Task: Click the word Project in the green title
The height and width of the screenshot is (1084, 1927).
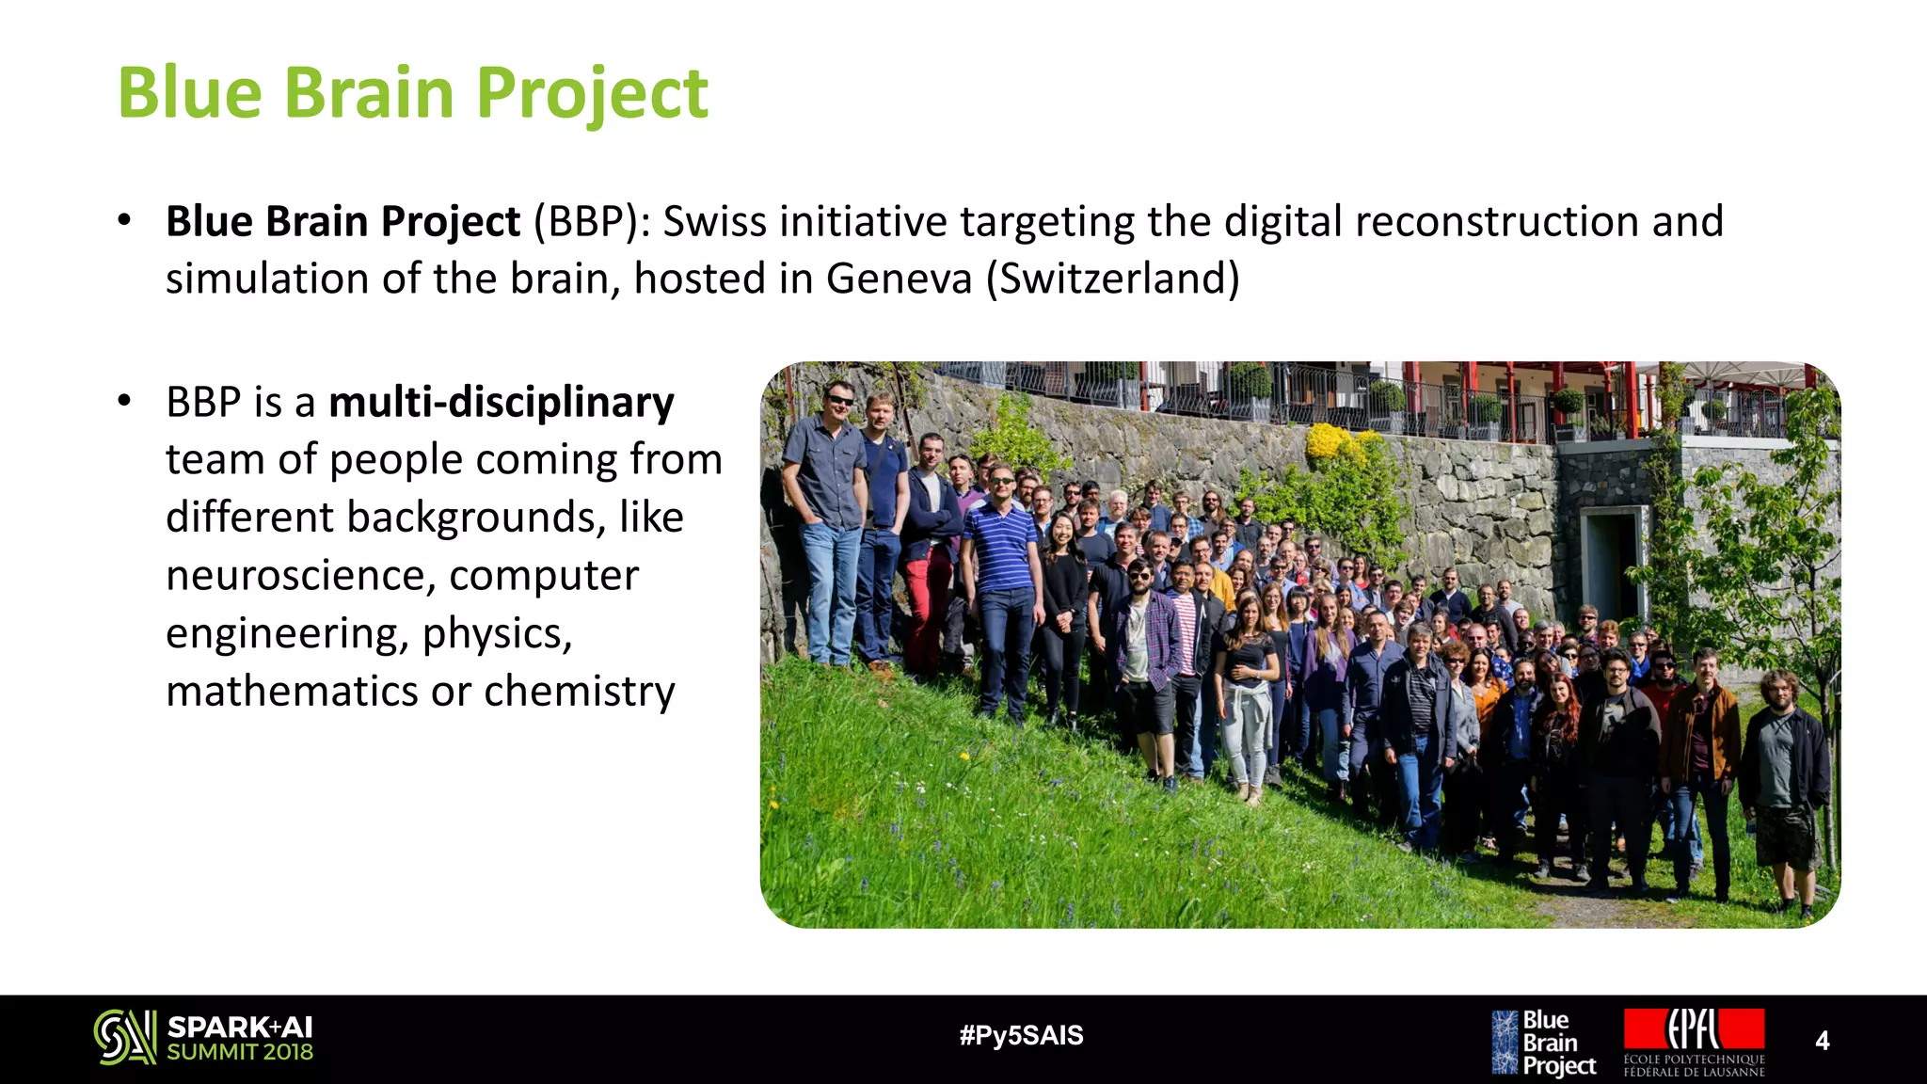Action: [x=592, y=93]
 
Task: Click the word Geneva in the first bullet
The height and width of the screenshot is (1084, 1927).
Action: [x=899, y=279]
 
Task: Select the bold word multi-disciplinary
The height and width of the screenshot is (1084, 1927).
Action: [x=501, y=403]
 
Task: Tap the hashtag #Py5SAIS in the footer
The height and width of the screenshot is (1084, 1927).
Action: [x=1021, y=1036]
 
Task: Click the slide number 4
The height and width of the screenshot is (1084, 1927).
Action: [x=1822, y=1041]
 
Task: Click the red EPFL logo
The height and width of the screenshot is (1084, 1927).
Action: [x=1694, y=1030]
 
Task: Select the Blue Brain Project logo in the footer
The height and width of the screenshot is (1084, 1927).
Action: [x=1543, y=1043]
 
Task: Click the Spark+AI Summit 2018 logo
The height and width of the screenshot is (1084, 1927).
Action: [x=204, y=1038]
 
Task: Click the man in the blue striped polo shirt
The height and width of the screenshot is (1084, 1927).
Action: [x=1000, y=555]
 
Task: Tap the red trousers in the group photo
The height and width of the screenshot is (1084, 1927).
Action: [x=927, y=602]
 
